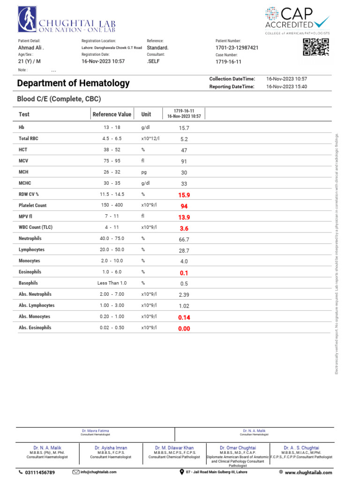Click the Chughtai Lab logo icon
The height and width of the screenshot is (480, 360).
28,22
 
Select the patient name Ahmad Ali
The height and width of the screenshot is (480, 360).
31,48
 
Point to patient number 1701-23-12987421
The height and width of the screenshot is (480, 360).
237,48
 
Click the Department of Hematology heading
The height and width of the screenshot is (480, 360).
73,83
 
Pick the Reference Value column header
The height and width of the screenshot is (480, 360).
112,114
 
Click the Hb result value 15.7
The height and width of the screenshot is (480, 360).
184,128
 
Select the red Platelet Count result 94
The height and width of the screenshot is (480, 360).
184,206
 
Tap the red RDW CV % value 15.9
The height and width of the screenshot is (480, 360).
184,195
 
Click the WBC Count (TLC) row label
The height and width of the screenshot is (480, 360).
36,228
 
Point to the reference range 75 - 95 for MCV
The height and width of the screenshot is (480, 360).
112,161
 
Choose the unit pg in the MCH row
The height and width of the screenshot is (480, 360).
144,172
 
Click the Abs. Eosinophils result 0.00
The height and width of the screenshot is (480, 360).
184,329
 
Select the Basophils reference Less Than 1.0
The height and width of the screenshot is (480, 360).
112,283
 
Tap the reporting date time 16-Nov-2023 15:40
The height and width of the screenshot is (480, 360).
286,87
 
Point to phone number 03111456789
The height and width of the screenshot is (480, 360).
39,472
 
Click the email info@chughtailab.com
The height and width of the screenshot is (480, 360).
97,472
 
